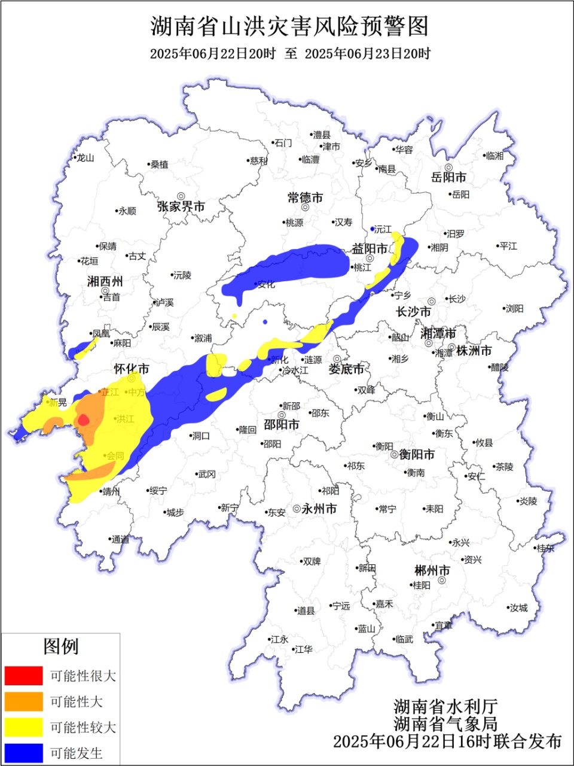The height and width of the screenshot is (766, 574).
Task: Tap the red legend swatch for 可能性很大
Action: click(24, 676)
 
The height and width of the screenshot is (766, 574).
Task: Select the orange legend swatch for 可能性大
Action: click(24, 701)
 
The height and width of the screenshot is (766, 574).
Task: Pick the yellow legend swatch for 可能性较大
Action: click(24, 727)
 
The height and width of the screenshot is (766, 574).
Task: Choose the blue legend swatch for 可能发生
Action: click(24, 753)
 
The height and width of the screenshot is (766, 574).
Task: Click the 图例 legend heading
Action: click(60, 646)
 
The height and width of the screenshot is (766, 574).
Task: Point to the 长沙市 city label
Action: click(414, 312)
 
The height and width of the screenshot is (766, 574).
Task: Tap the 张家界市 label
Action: click(181, 206)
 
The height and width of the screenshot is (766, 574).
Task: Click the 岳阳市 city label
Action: click(448, 178)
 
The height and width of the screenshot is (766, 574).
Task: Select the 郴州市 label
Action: click(432, 570)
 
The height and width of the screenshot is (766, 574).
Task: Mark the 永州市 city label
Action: click(319, 509)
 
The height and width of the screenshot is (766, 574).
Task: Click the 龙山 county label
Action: click(84, 158)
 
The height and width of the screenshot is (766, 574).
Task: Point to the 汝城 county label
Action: click(518, 608)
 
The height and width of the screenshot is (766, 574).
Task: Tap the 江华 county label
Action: click(303, 649)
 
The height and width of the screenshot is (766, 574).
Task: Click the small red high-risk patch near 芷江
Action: click(84, 420)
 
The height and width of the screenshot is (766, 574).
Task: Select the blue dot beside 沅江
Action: click(373, 229)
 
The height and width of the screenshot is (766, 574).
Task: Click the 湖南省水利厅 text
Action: click(445, 706)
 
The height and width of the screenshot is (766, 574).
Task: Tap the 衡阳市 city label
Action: click(417, 455)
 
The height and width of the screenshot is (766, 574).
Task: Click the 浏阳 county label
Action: click(514, 309)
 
